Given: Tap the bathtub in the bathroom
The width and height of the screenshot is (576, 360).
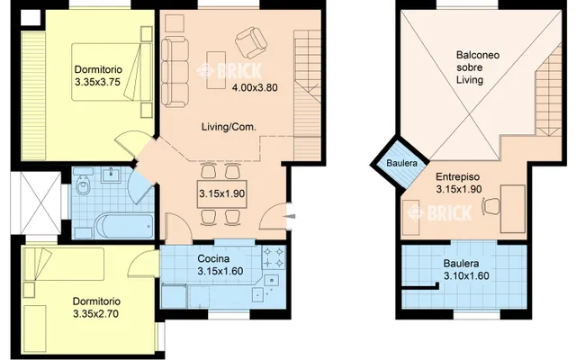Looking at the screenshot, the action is click(124, 226).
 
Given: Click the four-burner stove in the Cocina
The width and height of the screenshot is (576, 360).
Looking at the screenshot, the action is click(274, 257).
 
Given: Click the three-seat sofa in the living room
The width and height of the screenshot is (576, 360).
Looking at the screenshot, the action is click(175, 72).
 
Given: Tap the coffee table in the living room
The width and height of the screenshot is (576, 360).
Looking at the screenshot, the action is click(216, 70).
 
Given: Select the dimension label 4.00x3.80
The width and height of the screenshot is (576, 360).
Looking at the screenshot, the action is click(254, 88).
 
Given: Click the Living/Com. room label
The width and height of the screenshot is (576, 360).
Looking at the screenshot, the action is click(229, 127).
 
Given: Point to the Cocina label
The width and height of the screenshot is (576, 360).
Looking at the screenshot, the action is click(213, 258).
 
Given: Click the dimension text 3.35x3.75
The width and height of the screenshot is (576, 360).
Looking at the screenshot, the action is click(97, 82).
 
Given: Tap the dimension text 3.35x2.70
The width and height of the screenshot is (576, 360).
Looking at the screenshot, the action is click(96, 314).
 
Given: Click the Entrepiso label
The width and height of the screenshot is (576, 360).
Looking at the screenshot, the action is click(458, 176).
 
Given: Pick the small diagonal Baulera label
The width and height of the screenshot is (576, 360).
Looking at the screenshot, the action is click(402, 163).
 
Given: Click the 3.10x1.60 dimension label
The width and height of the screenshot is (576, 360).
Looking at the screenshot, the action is click(466, 276).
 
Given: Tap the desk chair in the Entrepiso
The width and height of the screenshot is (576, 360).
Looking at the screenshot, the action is click(491, 206).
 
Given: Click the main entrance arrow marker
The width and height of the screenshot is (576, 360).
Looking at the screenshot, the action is click(290, 217).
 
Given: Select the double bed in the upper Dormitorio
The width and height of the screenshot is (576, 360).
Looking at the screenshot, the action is click(112, 72).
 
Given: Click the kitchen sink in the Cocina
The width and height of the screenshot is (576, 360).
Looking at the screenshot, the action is click(272, 280).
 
